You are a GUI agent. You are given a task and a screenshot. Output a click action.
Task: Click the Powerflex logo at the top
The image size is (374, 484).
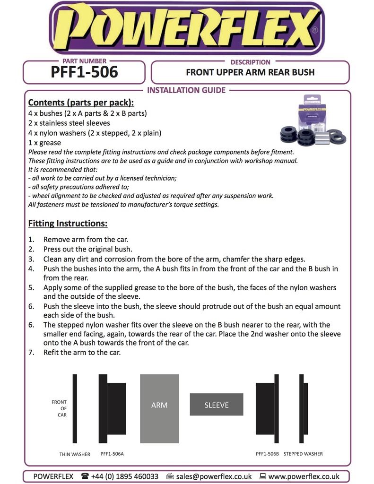pos(187,28)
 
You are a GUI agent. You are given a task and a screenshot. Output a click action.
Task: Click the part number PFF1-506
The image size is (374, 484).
pos(84,72)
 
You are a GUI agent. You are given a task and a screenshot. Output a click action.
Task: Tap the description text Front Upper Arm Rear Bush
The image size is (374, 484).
pos(250,72)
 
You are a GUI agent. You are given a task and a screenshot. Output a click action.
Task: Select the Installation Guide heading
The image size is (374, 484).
pos(187,90)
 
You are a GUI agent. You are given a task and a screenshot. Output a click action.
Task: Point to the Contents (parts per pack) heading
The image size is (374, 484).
pos(81,103)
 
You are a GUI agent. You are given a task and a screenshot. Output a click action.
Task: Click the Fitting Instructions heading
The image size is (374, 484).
pos(68,223)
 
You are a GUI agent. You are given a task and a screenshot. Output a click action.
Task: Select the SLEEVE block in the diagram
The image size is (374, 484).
pos(217,405)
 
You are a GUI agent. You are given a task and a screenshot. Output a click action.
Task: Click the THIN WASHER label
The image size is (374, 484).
pos(75,454)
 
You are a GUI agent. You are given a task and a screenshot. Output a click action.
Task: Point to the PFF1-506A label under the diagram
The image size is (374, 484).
pos(113,454)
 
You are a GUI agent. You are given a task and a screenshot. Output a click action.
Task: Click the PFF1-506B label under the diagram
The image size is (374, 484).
pos(268,454)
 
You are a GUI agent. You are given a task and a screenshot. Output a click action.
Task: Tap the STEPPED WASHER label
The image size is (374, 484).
pos(303,454)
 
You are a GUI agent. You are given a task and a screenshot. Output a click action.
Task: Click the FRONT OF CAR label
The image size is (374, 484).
pos(60,408)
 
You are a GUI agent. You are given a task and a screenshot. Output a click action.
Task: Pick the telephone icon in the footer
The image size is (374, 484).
pos(85,476)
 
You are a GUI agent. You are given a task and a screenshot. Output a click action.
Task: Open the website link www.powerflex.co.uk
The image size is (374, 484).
pos(304,476)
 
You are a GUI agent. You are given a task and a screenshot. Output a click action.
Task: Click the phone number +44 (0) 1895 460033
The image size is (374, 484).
pos(125,476)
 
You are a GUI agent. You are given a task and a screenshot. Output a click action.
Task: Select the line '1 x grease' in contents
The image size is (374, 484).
pos(44,143)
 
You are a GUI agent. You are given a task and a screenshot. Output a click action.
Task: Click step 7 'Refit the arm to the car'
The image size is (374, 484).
pos(82,352)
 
